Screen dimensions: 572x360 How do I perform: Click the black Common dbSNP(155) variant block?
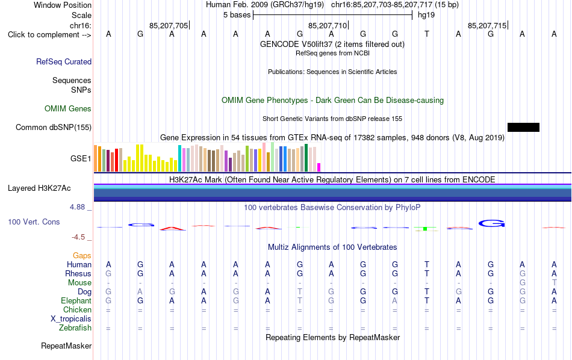[523, 127]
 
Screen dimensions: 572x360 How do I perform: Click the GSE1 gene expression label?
[81, 158]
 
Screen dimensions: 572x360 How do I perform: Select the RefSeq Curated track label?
[64, 61]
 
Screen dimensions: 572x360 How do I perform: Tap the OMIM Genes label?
[68, 109]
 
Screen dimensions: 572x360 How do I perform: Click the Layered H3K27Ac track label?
[39, 188]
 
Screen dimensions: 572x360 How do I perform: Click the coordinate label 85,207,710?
[328, 25]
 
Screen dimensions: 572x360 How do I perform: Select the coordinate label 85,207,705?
[169, 25]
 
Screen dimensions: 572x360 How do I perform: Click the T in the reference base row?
[427, 34]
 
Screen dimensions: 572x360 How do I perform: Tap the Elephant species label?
[76, 300]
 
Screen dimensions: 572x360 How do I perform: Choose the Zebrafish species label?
[75, 327]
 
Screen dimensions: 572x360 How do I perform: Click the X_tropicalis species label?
[71, 319]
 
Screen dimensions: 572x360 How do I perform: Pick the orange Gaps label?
[82, 255]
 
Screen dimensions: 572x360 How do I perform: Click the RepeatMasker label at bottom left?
[66, 346]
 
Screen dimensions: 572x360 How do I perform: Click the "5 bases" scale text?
[237, 15]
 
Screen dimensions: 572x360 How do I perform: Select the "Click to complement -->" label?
[49, 35]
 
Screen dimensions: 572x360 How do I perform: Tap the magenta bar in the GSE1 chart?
[319, 167]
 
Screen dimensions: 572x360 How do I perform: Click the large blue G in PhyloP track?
[491, 223]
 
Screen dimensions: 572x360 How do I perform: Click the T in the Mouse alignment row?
[554, 282]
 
